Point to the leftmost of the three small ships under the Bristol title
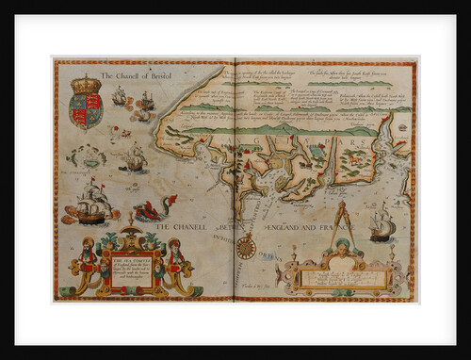(x=119, y=96)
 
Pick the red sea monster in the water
(x=151, y=209)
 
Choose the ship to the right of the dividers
(x=382, y=224)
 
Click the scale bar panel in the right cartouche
(x=341, y=278)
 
